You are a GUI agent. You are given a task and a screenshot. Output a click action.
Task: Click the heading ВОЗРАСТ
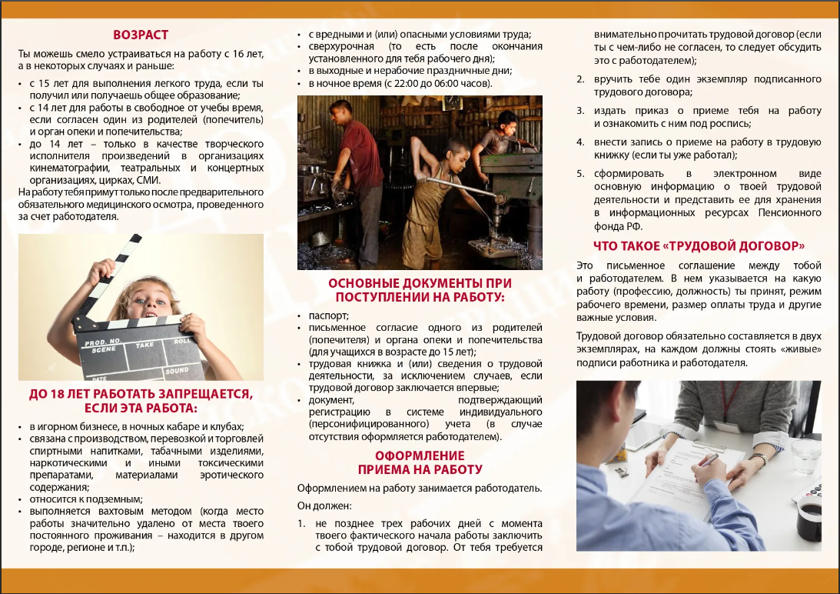(x=141, y=35)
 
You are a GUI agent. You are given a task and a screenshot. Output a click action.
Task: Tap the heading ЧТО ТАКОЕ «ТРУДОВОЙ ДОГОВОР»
(x=699, y=246)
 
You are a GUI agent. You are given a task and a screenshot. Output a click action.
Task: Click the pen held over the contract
(x=706, y=459)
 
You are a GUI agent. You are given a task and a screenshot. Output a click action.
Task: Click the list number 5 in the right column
(x=581, y=174)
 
